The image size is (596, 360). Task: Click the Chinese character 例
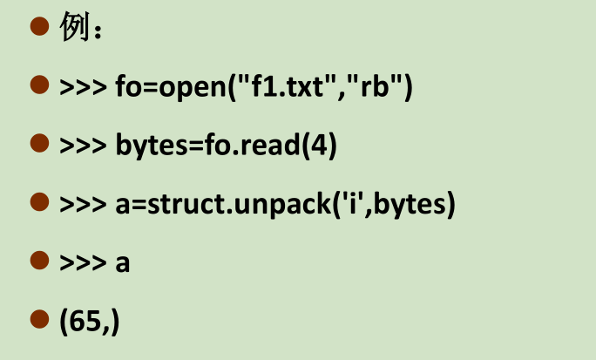(x=75, y=26)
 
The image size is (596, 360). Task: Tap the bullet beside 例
(x=39, y=26)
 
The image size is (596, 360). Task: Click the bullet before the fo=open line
(x=39, y=85)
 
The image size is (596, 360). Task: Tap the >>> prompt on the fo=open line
(x=84, y=87)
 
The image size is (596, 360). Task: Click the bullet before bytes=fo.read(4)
(x=39, y=143)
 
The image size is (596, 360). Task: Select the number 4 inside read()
(x=319, y=145)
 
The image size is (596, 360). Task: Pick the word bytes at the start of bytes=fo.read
(x=152, y=146)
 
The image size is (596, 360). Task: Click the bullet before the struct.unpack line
(x=39, y=202)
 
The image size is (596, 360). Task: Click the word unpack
(x=283, y=206)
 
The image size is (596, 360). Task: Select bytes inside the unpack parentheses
(x=410, y=206)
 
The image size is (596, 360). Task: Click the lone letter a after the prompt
(x=122, y=263)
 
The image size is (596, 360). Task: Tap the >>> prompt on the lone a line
(x=84, y=262)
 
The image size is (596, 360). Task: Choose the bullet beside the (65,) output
(x=39, y=319)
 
